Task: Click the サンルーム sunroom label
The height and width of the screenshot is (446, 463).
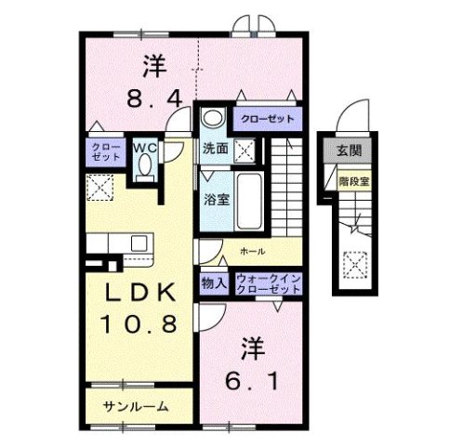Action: tap(137, 406)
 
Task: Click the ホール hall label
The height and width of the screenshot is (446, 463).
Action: tap(252, 251)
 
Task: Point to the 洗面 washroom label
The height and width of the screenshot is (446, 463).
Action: tap(215, 148)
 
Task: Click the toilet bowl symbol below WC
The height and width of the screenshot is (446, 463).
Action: tap(143, 166)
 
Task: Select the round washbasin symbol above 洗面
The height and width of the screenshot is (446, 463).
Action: tap(213, 118)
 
